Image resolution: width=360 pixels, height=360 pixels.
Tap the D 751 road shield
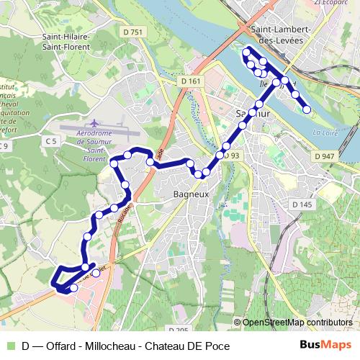(133, 32)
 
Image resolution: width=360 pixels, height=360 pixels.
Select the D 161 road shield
(191, 81)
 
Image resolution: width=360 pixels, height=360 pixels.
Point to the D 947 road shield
(325, 156)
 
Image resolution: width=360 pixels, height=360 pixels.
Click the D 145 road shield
(302, 205)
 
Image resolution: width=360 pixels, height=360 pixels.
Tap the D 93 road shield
(231, 156)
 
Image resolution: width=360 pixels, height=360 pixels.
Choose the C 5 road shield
(50, 141)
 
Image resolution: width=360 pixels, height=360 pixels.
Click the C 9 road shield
(6, 147)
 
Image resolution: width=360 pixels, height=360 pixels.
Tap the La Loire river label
(327, 132)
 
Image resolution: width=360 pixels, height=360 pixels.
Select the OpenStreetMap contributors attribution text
(297, 323)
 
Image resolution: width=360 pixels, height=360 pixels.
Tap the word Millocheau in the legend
(107, 346)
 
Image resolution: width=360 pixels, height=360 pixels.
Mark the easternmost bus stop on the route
(307, 109)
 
